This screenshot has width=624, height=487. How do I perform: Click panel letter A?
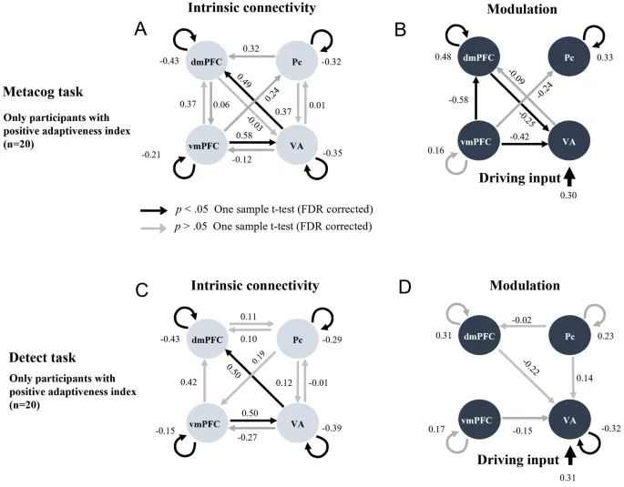tap(141, 30)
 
